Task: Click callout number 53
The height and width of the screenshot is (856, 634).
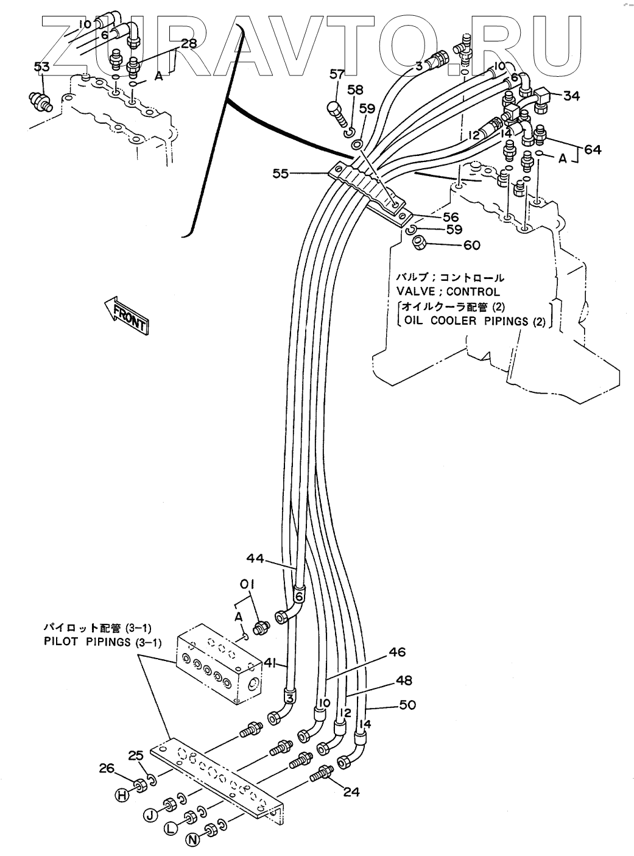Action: (x=41, y=67)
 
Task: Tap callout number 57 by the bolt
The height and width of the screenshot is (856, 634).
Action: (x=337, y=74)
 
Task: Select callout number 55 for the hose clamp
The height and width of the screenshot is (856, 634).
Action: (x=280, y=174)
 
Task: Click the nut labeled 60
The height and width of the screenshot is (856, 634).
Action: (x=419, y=243)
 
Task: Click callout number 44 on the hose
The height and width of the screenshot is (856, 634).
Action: (x=256, y=557)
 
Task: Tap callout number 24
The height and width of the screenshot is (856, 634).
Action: (x=351, y=791)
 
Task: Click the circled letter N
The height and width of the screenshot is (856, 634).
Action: (x=193, y=840)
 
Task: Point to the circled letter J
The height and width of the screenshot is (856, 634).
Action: (x=149, y=812)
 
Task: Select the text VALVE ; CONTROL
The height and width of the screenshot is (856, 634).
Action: (x=448, y=292)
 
